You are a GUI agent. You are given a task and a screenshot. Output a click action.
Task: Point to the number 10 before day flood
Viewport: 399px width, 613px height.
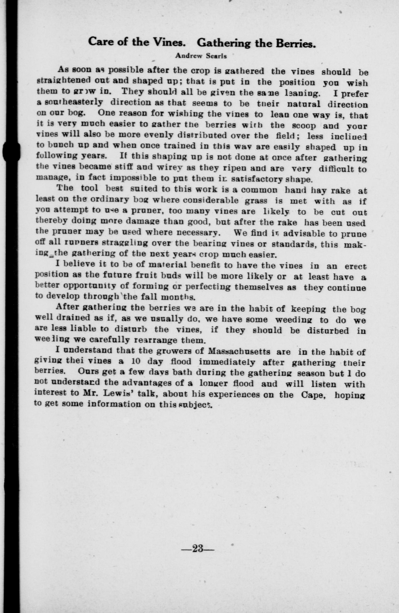(x=136, y=361)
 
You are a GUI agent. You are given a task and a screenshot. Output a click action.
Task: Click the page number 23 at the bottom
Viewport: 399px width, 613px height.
(x=198, y=548)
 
